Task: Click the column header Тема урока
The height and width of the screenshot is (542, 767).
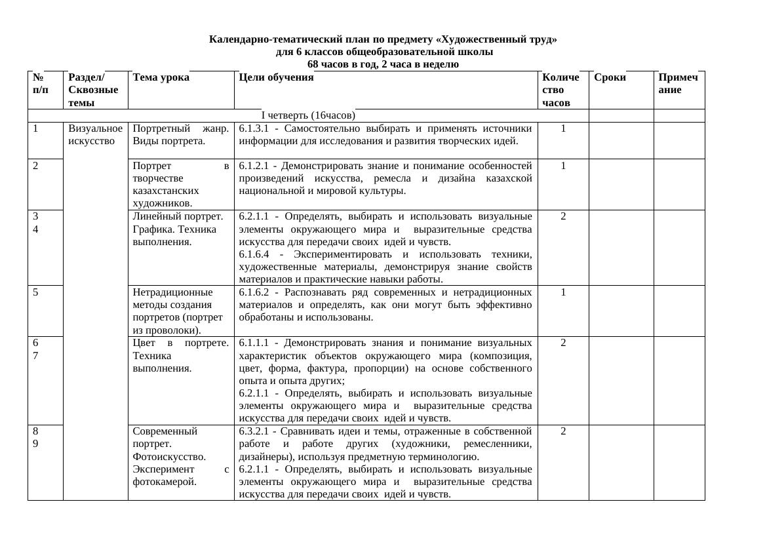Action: point(161,77)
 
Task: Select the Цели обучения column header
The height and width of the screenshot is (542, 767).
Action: point(276,77)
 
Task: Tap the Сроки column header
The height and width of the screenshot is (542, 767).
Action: point(610,77)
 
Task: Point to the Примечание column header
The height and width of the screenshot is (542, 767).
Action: point(678,83)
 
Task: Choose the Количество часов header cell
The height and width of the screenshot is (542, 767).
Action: point(561,90)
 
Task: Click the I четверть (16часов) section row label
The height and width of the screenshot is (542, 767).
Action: point(308,115)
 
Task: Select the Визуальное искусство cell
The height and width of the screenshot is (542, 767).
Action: point(95,134)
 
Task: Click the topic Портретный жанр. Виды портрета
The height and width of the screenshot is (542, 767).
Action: point(180,134)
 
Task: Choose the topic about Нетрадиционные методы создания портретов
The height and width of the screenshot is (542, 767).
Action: point(178,311)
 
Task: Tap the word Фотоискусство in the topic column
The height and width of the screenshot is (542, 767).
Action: point(169,457)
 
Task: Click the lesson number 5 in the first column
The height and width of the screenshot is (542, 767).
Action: point(35,292)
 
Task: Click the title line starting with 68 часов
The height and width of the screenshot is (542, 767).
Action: point(383,64)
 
